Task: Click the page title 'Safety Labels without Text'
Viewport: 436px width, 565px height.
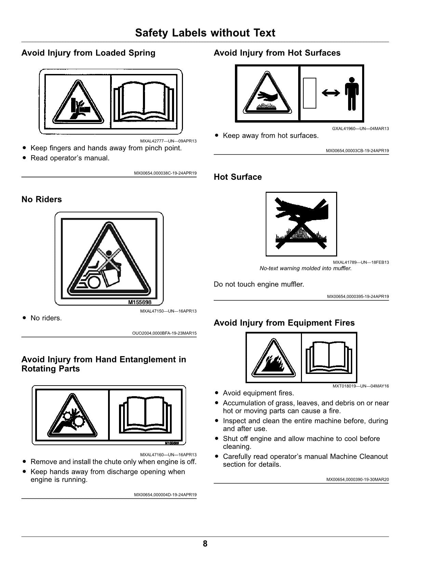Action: [205, 33]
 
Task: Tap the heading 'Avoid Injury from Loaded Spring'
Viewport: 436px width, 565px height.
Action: [88, 53]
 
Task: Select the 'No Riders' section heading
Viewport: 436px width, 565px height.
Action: [42, 199]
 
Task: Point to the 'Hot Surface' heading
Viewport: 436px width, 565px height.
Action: [238, 177]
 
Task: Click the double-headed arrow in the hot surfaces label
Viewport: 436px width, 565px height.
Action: [331, 93]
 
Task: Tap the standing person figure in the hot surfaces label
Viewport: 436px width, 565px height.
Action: [352, 93]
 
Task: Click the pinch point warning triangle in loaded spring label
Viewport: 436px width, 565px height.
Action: [78, 102]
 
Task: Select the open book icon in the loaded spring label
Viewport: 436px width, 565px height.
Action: [144, 102]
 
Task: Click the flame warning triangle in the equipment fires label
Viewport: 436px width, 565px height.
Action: [273, 358]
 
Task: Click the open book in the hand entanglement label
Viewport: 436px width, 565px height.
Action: [145, 415]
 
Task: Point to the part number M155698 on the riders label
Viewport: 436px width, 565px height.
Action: [140, 302]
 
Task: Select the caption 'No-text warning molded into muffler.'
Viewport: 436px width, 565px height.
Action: [306, 268]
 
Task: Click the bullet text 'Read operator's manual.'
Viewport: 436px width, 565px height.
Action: [70, 158]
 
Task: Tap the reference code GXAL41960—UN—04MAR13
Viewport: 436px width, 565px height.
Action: [360, 128]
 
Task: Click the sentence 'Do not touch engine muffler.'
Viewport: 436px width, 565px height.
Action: [259, 284]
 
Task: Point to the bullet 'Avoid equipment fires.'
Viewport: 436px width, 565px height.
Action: [259, 393]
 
